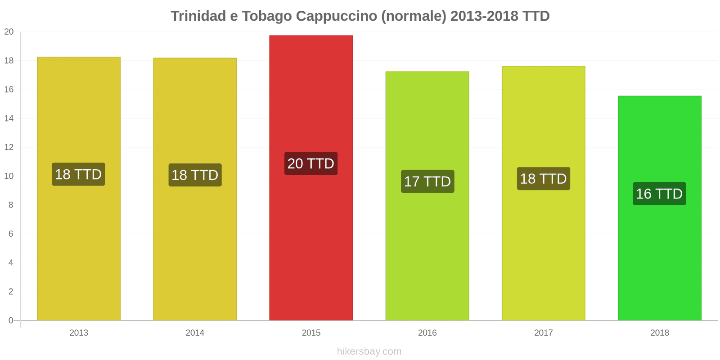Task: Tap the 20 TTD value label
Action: [x=311, y=163]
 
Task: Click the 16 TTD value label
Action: [x=659, y=193]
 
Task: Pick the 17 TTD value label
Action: [x=427, y=181]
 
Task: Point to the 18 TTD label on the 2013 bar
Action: [x=78, y=174]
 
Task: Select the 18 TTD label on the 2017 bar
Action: [x=543, y=179]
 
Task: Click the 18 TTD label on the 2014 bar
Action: [x=195, y=175]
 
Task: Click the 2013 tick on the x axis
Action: [x=79, y=333]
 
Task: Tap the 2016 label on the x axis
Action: [x=427, y=333]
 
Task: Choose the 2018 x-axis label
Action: [x=659, y=333]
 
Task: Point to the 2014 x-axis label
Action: [x=195, y=333]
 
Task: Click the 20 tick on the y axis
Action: [x=9, y=32]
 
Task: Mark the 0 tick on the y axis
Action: [x=11, y=320]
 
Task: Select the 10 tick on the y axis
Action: [x=9, y=176]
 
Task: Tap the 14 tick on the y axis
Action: [x=9, y=118]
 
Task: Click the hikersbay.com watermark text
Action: [x=369, y=351]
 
